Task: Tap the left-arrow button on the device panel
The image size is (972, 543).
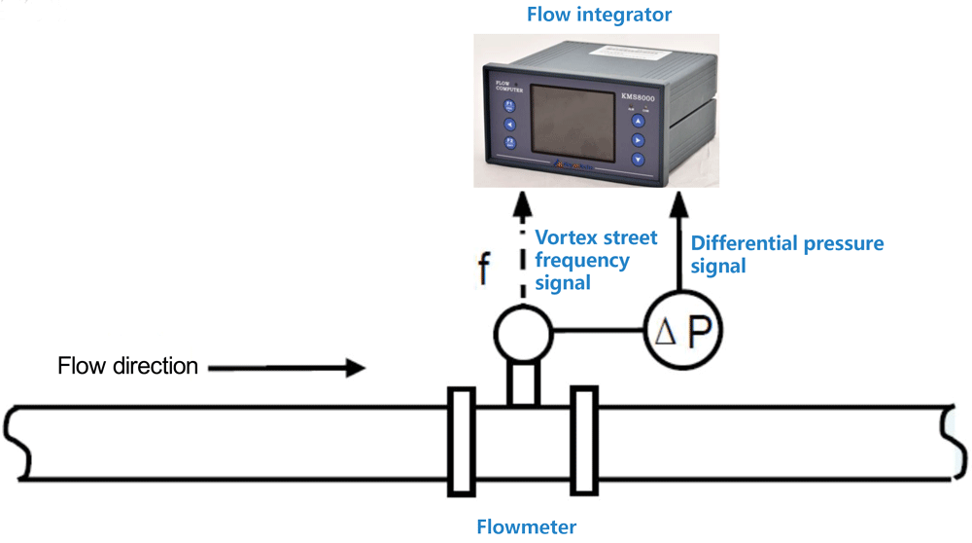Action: (x=509, y=124)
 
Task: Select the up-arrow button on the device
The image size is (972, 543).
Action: (x=638, y=121)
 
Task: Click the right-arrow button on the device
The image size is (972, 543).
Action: (x=638, y=139)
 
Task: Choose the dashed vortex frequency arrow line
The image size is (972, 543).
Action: (x=523, y=253)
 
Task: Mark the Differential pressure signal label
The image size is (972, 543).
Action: (x=787, y=253)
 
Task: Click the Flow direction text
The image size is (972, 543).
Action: (x=128, y=367)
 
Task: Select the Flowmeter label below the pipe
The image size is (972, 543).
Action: (x=526, y=527)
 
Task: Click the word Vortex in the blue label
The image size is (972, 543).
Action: (x=565, y=237)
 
